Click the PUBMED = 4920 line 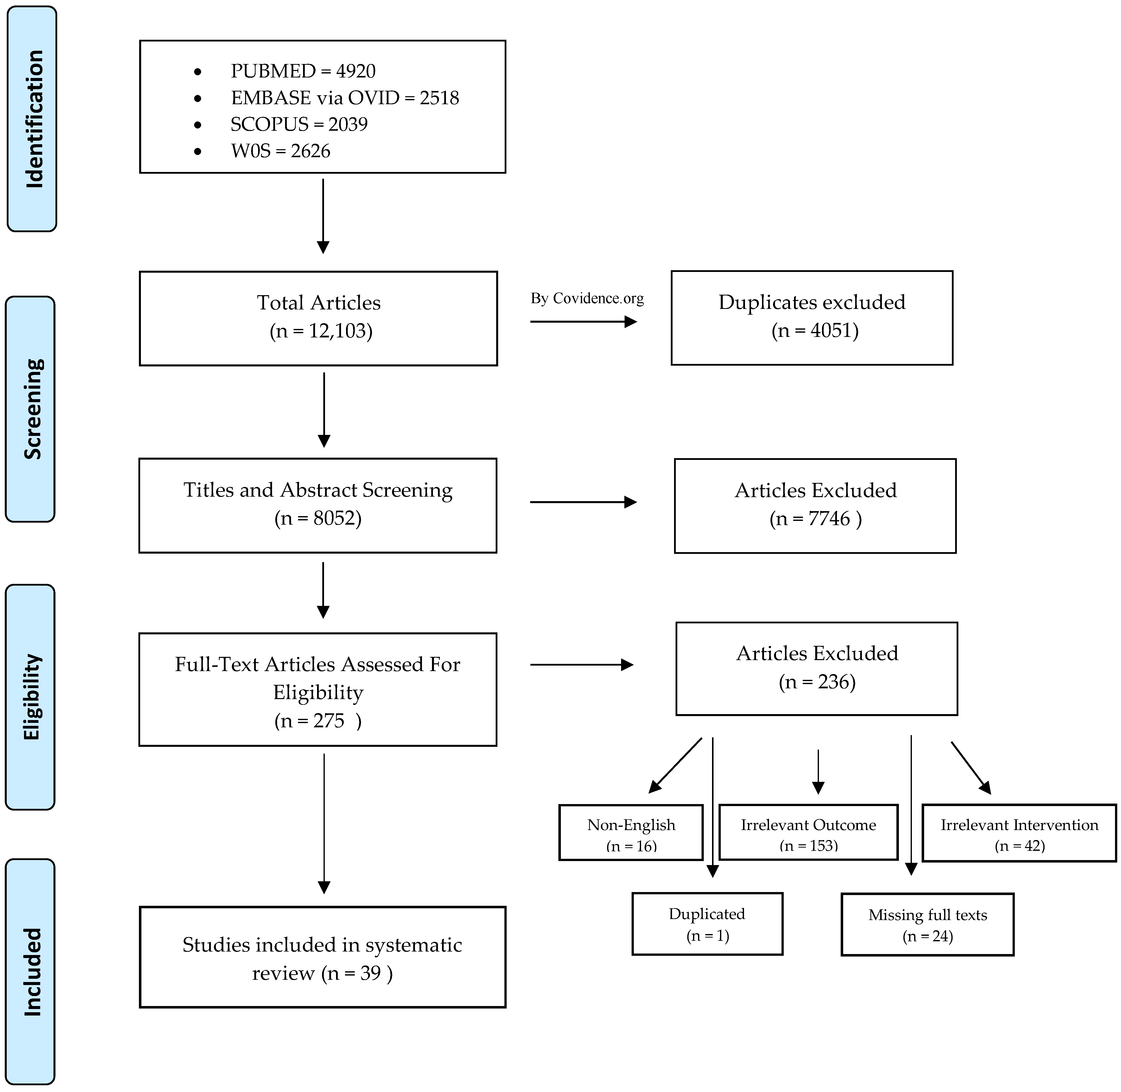tap(303, 71)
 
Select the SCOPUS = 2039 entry tap(299, 124)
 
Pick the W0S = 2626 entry tap(280, 151)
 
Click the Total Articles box tap(318, 318)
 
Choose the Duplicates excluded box tap(812, 318)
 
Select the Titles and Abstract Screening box tap(318, 505)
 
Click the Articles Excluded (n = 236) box tap(816, 669)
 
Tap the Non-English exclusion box tap(631, 833)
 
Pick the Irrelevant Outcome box tap(808, 833)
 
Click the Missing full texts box tap(928, 925)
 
